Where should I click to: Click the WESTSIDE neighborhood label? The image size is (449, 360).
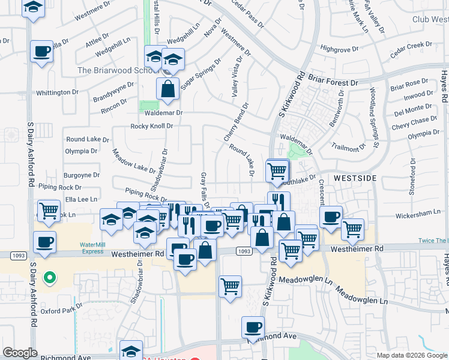355,179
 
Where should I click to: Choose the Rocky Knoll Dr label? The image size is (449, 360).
152,127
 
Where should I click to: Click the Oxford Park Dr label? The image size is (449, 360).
61,310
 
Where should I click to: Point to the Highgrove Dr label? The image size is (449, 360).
339,49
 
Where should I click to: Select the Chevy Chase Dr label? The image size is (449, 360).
415,123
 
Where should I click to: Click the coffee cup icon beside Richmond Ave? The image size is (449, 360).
253,327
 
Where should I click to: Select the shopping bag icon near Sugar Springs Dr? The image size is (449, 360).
168,88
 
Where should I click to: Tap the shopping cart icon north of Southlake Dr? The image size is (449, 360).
277,171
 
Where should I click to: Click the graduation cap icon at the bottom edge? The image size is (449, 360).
131,352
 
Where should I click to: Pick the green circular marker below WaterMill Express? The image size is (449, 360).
50,278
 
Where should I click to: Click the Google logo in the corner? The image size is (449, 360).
20,353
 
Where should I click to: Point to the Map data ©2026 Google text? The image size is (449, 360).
411,355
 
